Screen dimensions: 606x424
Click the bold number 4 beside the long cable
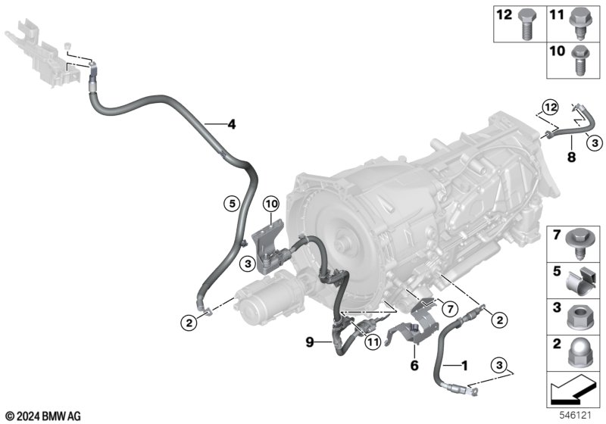(x=232, y=124)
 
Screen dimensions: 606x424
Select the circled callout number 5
(x=232, y=203)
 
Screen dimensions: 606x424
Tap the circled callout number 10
(x=271, y=204)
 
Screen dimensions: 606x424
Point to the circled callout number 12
(x=551, y=107)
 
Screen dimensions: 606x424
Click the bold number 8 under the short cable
(x=571, y=157)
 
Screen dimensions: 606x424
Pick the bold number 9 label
(x=310, y=342)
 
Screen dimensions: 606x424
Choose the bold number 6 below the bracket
(x=414, y=365)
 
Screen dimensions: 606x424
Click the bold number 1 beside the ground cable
(x=464, y=365)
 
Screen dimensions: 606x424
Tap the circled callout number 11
(x=373, y=341)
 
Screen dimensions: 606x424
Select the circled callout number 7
(x=449, y=309)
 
